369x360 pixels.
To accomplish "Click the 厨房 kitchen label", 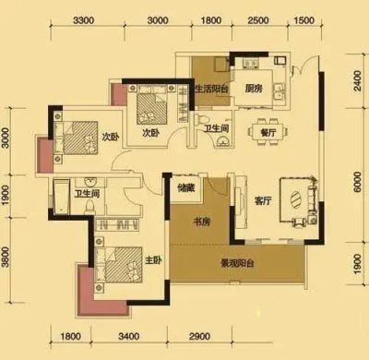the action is tap(254, 89).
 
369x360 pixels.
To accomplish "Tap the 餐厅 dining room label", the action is tap(268, 133).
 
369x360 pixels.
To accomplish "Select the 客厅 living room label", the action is tap(263, 201).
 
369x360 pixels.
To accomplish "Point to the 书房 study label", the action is tap(202, 222).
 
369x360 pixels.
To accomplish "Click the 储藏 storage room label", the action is tap(186, 187).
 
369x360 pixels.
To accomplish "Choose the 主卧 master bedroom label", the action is tap(153, 260).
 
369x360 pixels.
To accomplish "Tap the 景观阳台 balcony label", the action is tap(238, 263).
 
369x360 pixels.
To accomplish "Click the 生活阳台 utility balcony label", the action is tap(212, 89).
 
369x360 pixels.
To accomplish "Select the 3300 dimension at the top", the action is tap(84, 20).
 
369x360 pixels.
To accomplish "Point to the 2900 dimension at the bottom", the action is tap(200, 336).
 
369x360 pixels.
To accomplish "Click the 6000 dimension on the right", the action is tap(357, 182).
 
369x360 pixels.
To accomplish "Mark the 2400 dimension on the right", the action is tap(357, 80).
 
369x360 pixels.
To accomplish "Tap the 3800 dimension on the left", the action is tap(6, 258).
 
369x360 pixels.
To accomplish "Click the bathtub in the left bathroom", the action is tap(62, 198).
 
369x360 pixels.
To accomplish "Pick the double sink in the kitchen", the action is tap(280, 92).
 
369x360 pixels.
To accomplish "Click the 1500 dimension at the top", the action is tap(304, 20).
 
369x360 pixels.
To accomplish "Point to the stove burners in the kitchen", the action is tap(251, 63).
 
